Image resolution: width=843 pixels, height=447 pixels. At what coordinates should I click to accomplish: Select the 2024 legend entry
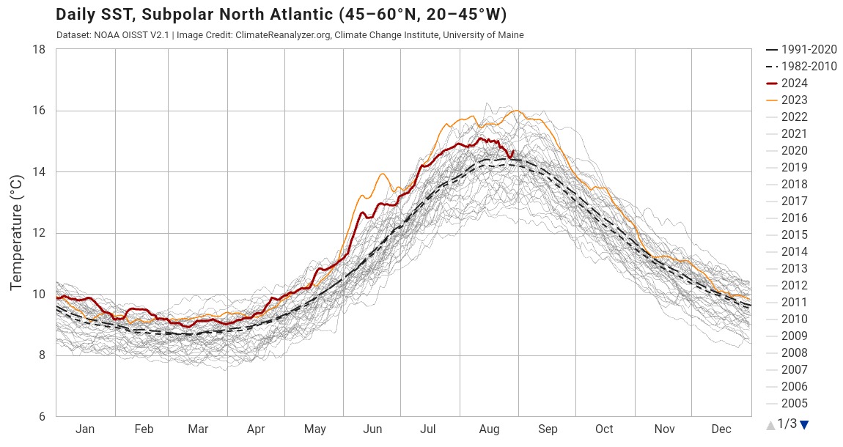pyautogui.click(x=794, y=84)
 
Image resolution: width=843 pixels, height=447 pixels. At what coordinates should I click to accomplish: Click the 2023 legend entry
pyautogui.click(x=794, y=100)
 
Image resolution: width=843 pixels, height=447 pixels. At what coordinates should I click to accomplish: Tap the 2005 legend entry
pyautogui.click(x=794, y=404)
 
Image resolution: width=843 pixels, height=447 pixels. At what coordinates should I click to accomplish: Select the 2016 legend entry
pyautogui.click(x=794, y=218)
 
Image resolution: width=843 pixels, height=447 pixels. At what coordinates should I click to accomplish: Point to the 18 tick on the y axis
pyautogui.click(x=40, y=50)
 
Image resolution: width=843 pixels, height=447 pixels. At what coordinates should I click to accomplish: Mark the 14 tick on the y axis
pyautogui.click(x=40, y=172)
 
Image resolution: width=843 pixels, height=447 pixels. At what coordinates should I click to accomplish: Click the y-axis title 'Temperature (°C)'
pyautogui.click(x=16, y=233)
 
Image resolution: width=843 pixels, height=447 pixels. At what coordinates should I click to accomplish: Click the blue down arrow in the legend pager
pyautogui.click(x=804, y=424)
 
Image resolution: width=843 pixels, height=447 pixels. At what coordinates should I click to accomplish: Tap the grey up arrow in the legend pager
pyautogui.click(x=770, y=425)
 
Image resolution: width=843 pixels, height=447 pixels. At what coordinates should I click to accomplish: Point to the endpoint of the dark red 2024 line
pyautogui.click(x=512, y=151)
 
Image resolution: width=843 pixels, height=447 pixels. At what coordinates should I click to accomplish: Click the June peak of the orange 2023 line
pyautogui.click(x=382, y=174)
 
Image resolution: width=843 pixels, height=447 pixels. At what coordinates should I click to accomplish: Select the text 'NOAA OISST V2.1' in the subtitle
pyautogui.click(x=125, y=35)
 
